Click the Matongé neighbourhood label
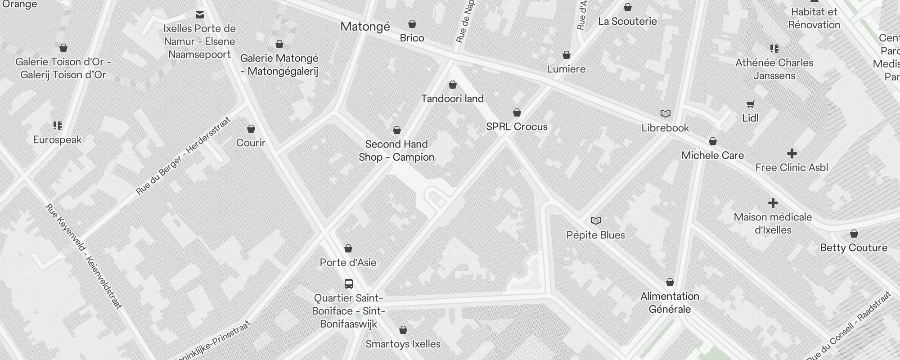(x=365, y=27)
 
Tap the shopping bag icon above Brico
(x=412, y=24)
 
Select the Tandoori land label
(x=452, y=99)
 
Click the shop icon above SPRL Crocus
(x=517, y=112)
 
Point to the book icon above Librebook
(x=665, y=114)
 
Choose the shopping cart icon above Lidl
(x=750, y=104)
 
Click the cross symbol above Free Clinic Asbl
(x=792, y=153)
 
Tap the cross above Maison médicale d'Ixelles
(x=773, y=203)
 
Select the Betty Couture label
(x=854, y=247)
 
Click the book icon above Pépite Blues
(x=595, y=221)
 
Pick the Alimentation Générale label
(x=670, y=302)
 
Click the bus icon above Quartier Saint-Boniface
(x=348, y=284)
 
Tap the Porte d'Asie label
(x=348, y=262)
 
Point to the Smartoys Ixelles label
(x=403, y=344)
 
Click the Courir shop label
(x=251, y=143)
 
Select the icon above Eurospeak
(x=57, y=126)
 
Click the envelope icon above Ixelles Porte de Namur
(x=200, y=15)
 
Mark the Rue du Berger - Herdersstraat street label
(x=183, y=156)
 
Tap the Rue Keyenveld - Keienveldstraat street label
(x=84, y=256)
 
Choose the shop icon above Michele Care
(x=713, y=142)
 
